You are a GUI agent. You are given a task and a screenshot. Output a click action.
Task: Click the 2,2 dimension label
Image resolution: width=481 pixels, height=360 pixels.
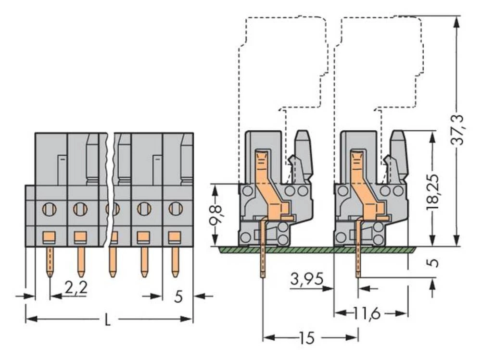coord(76,288)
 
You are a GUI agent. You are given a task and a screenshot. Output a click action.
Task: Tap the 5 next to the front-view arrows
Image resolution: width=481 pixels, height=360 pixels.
coord(178,297)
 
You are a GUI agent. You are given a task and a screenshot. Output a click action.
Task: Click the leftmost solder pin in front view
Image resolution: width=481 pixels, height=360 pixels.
coord(50,262)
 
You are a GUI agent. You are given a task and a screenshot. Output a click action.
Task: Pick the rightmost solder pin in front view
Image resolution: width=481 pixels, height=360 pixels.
coord(176,262)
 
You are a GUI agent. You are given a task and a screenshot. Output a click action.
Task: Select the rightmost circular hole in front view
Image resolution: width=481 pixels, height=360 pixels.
coord(175,209)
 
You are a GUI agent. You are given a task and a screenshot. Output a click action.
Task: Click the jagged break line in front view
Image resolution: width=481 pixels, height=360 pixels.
coord(111,192)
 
